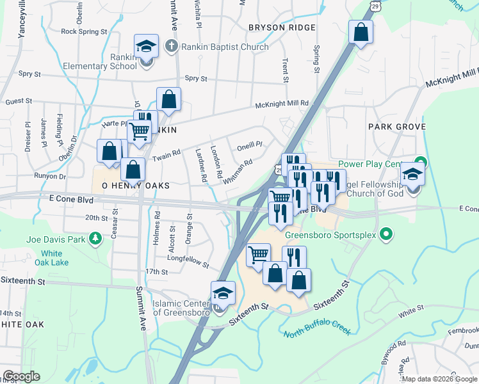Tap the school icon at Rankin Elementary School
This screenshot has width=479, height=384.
pyautogui.click(x=146, y=47)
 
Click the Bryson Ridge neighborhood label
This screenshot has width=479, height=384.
pyautogui.click(x=282, y=28)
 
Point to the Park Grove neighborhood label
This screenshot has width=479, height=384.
pyautogui.click(x=397, y=127)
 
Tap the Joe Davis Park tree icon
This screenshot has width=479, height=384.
pyautogui.click(x=95, y=239)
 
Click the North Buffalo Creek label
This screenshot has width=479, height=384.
pyautogui.click(x=318, y=326)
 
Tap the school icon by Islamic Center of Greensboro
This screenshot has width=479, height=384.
pyautogui.click(x=223, y=294)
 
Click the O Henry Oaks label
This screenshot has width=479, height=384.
pyautogui.click(x=130, y=185)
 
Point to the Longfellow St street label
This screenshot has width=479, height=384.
pyautogui.click(x=188, y=262)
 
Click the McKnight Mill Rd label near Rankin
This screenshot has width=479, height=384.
pyautogui.click(x=282, y=103)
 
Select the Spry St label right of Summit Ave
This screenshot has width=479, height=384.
pyautogui.click(x=196, y=79)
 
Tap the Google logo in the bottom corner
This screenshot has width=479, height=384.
pyautogui.click(x=21, y=377)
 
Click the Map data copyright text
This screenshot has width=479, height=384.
pyautogui.click(x=439, y=379)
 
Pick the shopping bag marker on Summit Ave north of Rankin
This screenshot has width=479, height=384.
pyautogui.click(x=168, y=99)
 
